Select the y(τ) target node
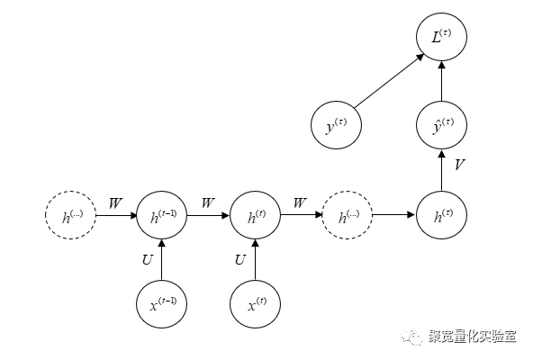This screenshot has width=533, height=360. (338, 126)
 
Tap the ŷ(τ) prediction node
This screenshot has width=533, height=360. (441, 126)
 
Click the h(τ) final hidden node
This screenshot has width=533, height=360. (441, 216)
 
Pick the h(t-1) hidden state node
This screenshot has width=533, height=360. (163, 216)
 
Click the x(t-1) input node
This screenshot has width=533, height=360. (163, 304)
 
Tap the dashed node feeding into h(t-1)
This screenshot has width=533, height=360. (70, 216)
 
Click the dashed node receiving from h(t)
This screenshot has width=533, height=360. (348, 216)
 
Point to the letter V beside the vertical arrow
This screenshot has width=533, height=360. (459, 166)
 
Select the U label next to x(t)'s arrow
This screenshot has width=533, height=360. (240, 261)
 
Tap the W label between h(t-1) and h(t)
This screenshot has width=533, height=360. (209, 203)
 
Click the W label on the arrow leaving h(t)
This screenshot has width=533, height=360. (301, 203)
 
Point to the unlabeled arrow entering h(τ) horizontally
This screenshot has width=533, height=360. (394, 216)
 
